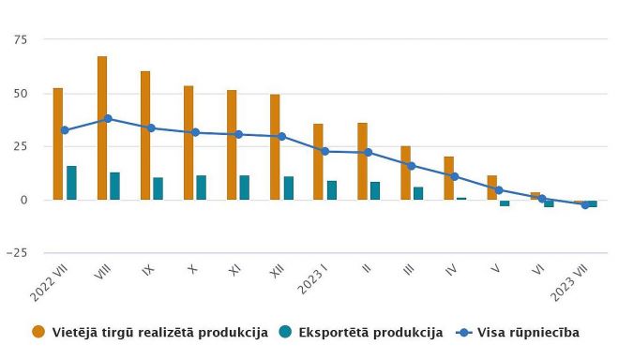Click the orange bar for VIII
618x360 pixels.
101,128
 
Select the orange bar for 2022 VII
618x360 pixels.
58,144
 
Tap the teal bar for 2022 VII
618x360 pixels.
71,183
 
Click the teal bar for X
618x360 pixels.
202,187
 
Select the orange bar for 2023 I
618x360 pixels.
319,162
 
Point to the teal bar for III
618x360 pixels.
418,193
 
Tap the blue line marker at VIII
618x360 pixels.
108,119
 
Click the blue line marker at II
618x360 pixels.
368,152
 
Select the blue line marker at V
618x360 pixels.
498,190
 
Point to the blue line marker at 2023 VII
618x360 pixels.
585,204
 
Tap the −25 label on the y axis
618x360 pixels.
17,253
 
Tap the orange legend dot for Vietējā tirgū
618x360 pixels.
38,332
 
